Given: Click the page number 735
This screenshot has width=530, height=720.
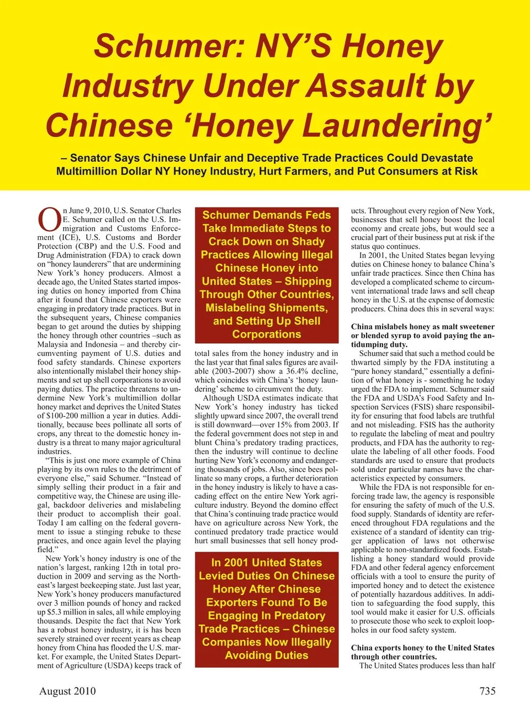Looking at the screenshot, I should pyautogui.click(x=487, y=691).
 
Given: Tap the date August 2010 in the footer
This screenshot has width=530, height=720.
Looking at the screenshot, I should pyautogui.click(x=67, y=691).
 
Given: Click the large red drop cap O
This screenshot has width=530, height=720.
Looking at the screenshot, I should pyautogui.click(x=49, y=220).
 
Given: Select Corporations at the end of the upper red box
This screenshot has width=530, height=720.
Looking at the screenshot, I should pyautogui.click(x=267, y=334).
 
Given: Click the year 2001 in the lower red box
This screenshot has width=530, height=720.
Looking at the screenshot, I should pyautogui.click(x=236, y=563).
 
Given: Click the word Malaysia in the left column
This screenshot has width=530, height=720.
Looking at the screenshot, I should pyautogui.click(x=54, y=344).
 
